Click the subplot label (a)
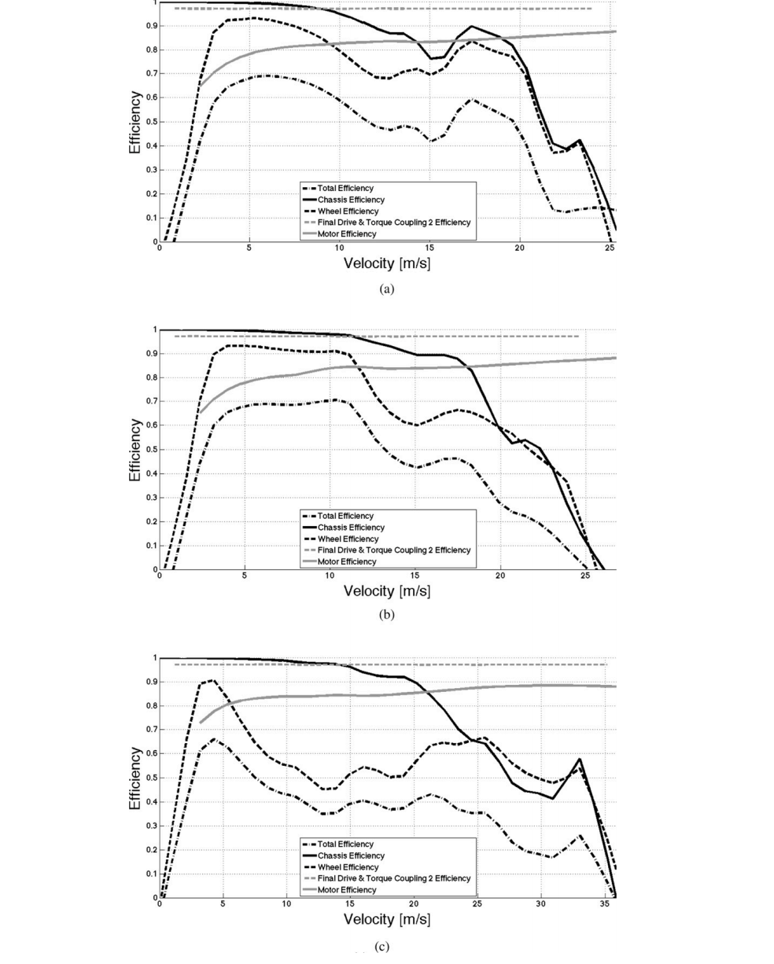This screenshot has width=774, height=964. click(x=385, y=289)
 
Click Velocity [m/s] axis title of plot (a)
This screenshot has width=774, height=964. click(x=386, y=263)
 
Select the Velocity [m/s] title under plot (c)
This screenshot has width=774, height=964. click(x=386, y=918)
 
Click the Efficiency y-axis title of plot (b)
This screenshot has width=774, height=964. click(x=136, y=450)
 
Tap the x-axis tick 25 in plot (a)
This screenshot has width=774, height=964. click(x=607, y=248)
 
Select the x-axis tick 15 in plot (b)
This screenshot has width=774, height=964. click(x=415, y=576)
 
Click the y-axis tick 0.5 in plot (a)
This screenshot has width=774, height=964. click(x=149, y=122)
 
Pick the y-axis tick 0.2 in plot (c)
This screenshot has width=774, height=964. click(x=149, y=850)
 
